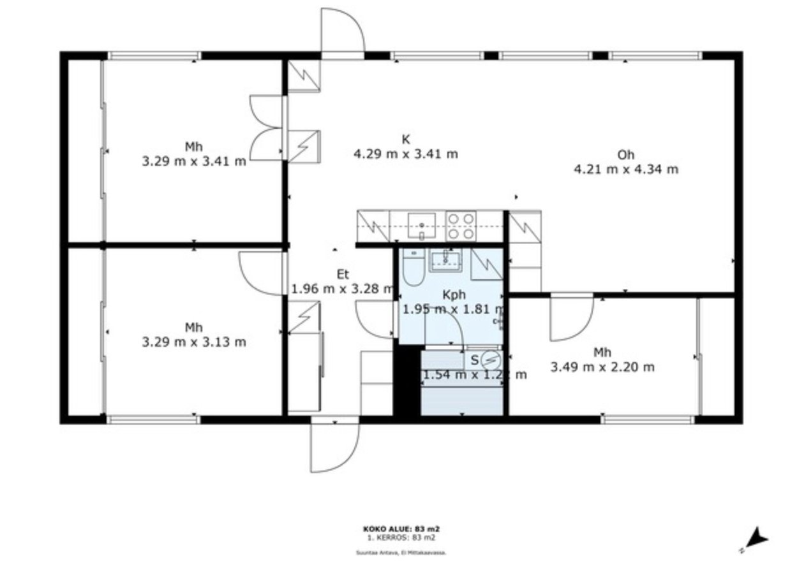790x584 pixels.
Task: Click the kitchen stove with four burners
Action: coord(461,226)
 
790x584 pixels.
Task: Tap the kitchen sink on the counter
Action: coord(421,226)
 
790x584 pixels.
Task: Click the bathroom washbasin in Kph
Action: coord(445,259)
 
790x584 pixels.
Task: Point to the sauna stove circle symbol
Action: coord(490,359)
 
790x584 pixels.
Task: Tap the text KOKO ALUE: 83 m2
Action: coord(401,529)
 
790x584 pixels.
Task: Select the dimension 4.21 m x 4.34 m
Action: coord(626,170)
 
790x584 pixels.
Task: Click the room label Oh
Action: coord(626,154)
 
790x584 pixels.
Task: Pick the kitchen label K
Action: coord(405,139)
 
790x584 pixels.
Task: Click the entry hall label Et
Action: coord(343,275)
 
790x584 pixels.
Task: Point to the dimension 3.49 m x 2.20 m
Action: coord(602,367)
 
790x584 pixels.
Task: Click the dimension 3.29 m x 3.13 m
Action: coord(194,342)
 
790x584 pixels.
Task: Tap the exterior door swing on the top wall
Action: coord(343,31)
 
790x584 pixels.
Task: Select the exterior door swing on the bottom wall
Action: coord(334,448)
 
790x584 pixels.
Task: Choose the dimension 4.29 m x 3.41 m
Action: coord(405,154)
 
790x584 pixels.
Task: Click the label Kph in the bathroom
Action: coord(454,295)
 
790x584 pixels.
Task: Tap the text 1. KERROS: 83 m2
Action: coord(401,537)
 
